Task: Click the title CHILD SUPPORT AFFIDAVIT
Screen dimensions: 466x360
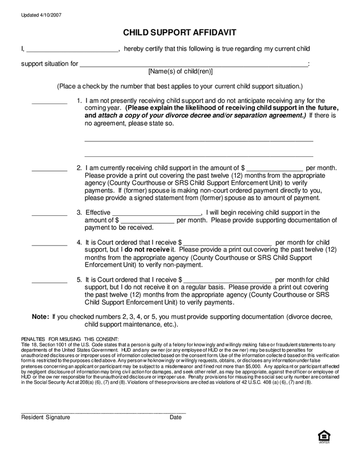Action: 179,33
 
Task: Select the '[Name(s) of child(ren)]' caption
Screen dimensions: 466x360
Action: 180,71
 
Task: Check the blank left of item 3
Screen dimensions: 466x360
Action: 49,214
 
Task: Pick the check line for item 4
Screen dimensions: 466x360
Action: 49,244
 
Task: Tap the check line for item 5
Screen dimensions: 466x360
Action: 49,282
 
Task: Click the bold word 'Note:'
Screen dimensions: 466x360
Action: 40,316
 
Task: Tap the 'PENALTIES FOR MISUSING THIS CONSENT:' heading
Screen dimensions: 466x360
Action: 70,339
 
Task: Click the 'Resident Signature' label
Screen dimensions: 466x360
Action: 46,417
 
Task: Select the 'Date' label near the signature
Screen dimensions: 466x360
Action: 176,417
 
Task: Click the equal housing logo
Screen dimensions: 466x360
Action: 324,437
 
